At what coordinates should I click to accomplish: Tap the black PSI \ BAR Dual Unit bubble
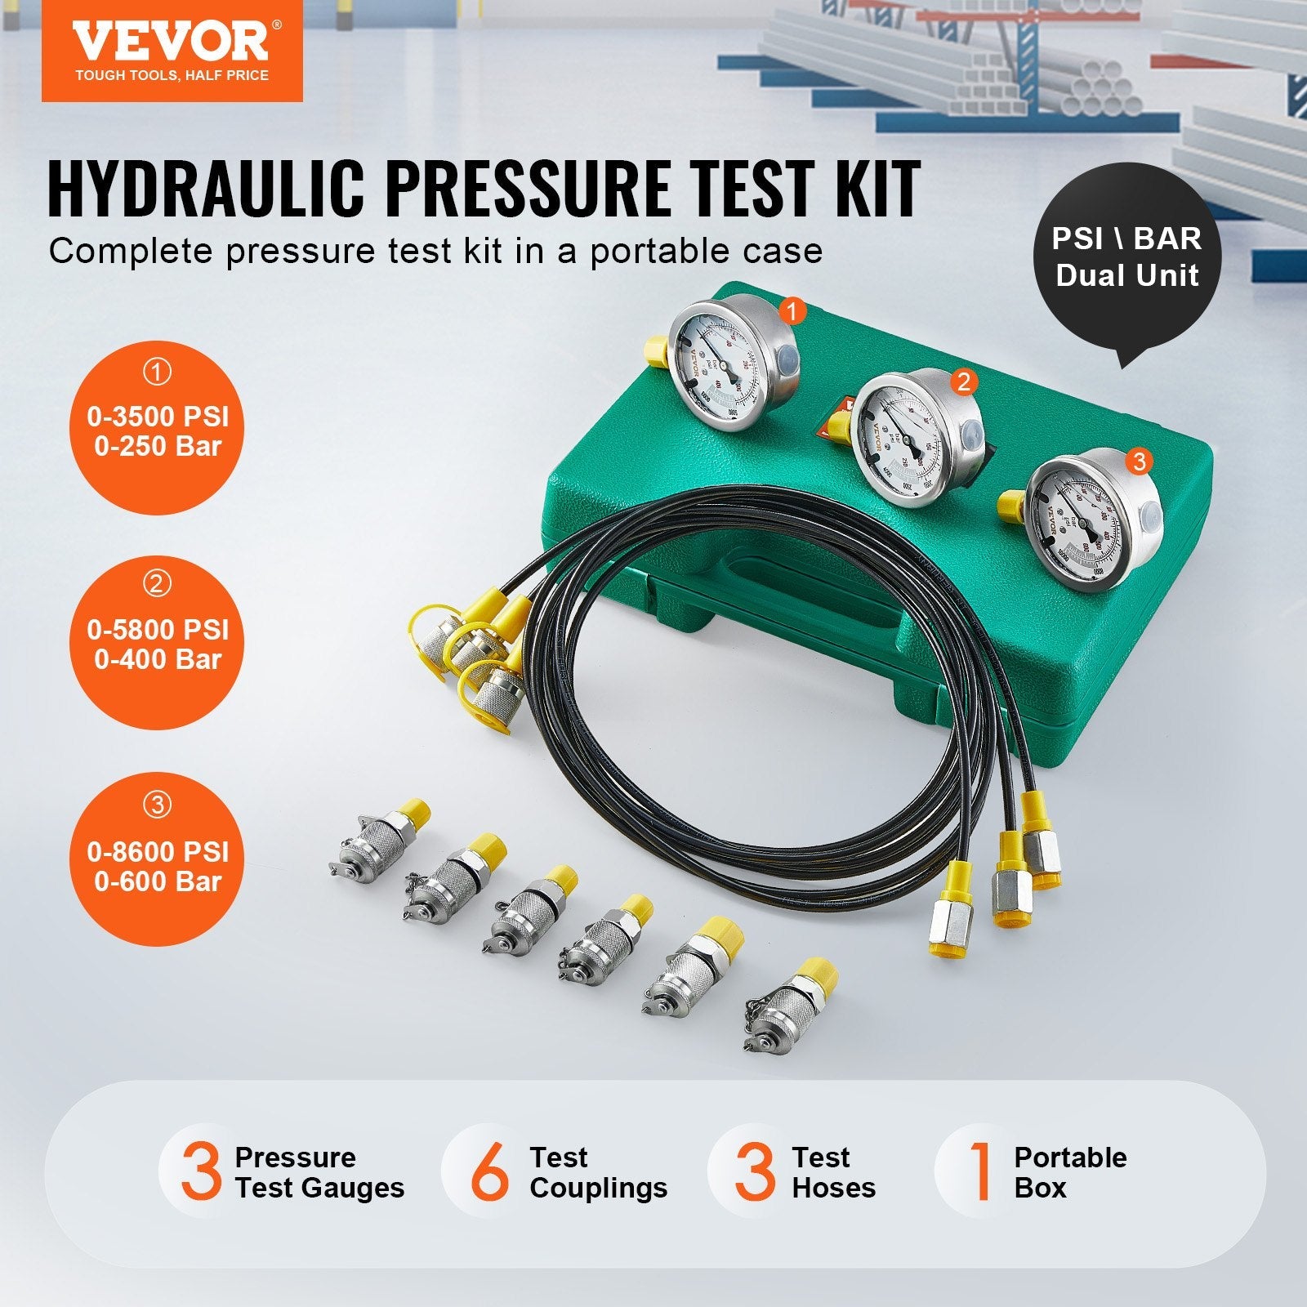[1126, 257]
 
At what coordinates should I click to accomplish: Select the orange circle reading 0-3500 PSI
[157, 428]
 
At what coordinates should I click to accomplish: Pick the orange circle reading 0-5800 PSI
[157, 642]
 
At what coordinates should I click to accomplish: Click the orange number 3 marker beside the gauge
[1139, 462]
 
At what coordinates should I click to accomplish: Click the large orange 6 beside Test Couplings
[488, 1172]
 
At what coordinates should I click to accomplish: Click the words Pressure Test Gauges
[319, 1172]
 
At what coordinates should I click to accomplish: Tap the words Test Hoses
[833, 1172]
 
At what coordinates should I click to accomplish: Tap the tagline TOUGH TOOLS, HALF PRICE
[172, 75]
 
